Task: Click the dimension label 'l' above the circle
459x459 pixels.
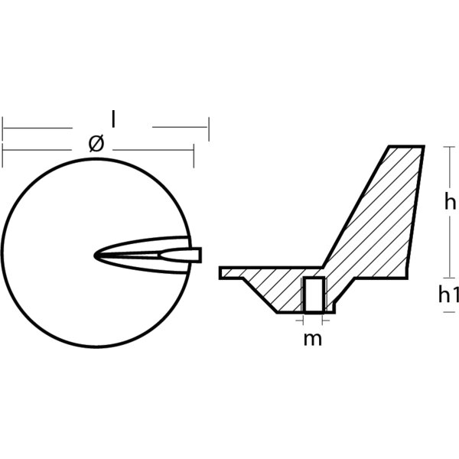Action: (113, 119)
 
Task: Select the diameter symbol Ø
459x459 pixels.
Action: (95, 143)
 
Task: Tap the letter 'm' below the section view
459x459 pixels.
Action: (313, 339)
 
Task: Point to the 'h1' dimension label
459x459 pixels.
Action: (448, 295)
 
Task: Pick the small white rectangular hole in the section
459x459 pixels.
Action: (314, 295)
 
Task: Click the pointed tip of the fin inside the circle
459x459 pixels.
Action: (97, 254)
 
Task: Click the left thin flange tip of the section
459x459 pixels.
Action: (222, 272)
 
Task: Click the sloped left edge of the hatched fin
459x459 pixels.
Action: (358, 207)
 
